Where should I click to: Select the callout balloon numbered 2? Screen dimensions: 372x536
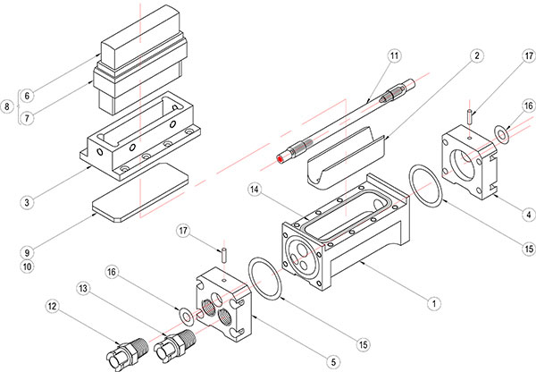click(x=478, y=56)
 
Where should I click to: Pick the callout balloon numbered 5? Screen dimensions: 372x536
click(x=334, y=361)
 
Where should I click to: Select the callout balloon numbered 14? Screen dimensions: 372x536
click(x=255, y=190)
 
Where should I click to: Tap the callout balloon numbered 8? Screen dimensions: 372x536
click(x=7, y=106)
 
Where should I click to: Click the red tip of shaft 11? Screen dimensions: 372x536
click(x=282, y=157)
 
